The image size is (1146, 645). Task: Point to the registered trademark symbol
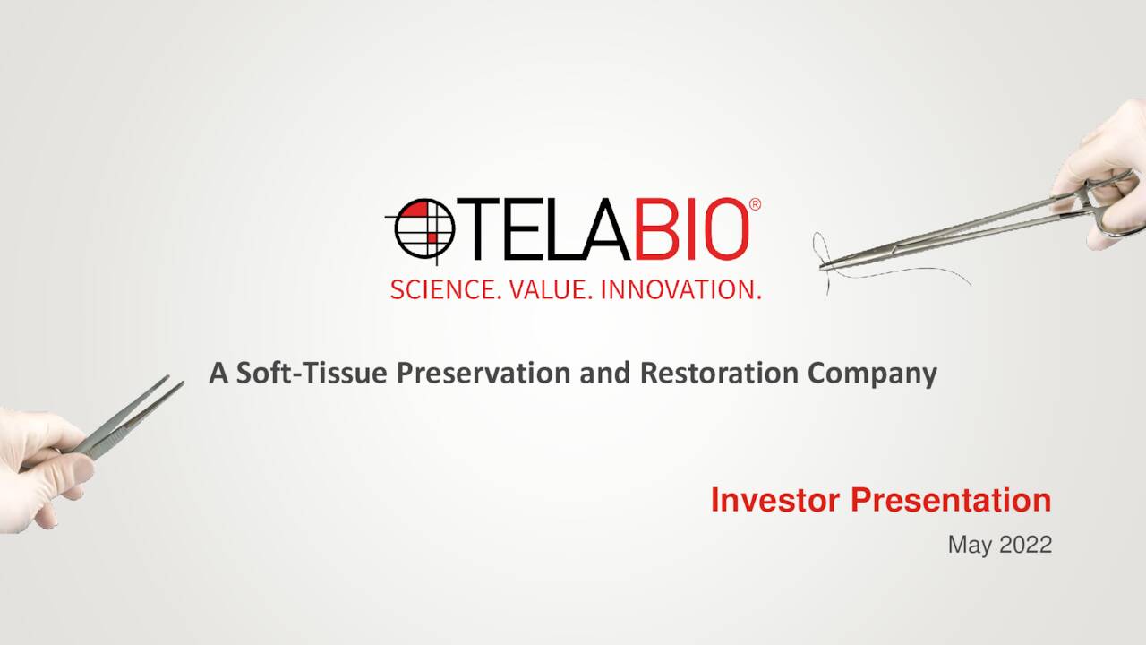pyautogui.click(x=755, y=205)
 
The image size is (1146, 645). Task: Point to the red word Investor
pyautogui.click(x=775, y=500)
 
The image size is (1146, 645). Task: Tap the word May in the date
pyautogui.click(x=967, y=544)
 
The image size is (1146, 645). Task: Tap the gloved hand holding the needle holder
pyautogui.click(x=1106, y=170)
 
